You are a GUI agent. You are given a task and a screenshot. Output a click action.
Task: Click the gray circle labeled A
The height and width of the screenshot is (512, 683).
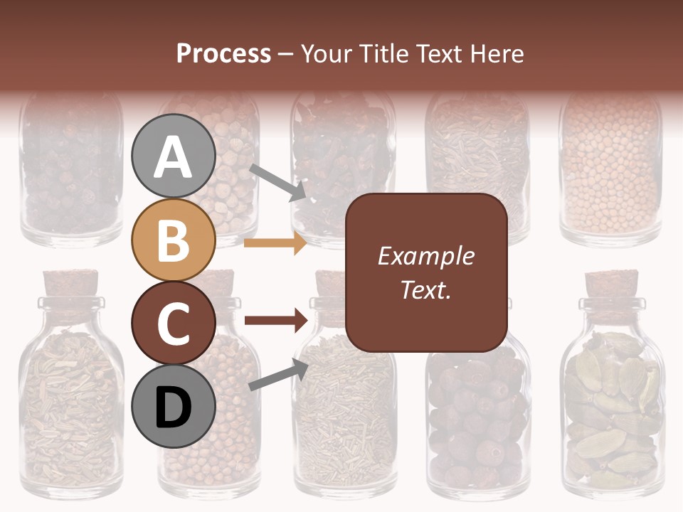[x=174, y=156]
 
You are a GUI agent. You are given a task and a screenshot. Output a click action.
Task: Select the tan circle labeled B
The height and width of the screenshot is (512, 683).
[x=174, y=240]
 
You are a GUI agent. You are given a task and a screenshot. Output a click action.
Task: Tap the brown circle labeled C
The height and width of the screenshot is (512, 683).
[x=174, y=323]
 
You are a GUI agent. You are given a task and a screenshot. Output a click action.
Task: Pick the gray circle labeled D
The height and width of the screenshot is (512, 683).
[x=174, y=406]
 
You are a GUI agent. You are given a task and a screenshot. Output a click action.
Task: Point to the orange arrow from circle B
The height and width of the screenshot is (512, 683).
[x=275, y=243]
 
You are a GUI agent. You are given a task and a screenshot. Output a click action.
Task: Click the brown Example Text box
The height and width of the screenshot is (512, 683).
[x=426, y=272]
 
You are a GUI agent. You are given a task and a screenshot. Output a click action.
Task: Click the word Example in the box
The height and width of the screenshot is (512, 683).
[x=426, y=256]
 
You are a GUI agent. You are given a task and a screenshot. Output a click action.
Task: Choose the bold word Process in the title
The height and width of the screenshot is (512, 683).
[x=223, y=53]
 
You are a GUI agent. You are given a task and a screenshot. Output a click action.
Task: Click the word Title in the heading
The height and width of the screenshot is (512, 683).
[x=384, y=53]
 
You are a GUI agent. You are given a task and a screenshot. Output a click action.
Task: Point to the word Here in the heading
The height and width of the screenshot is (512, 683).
[x=497, y=53]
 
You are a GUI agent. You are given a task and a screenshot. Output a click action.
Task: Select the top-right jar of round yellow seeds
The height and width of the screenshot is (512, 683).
[x=610, y=171]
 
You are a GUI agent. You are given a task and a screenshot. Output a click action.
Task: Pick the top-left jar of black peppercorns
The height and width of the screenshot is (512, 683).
[x=71, y=171]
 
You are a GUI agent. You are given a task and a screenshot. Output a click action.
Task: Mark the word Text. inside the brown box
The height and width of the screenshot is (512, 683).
[x=426, y=290]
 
